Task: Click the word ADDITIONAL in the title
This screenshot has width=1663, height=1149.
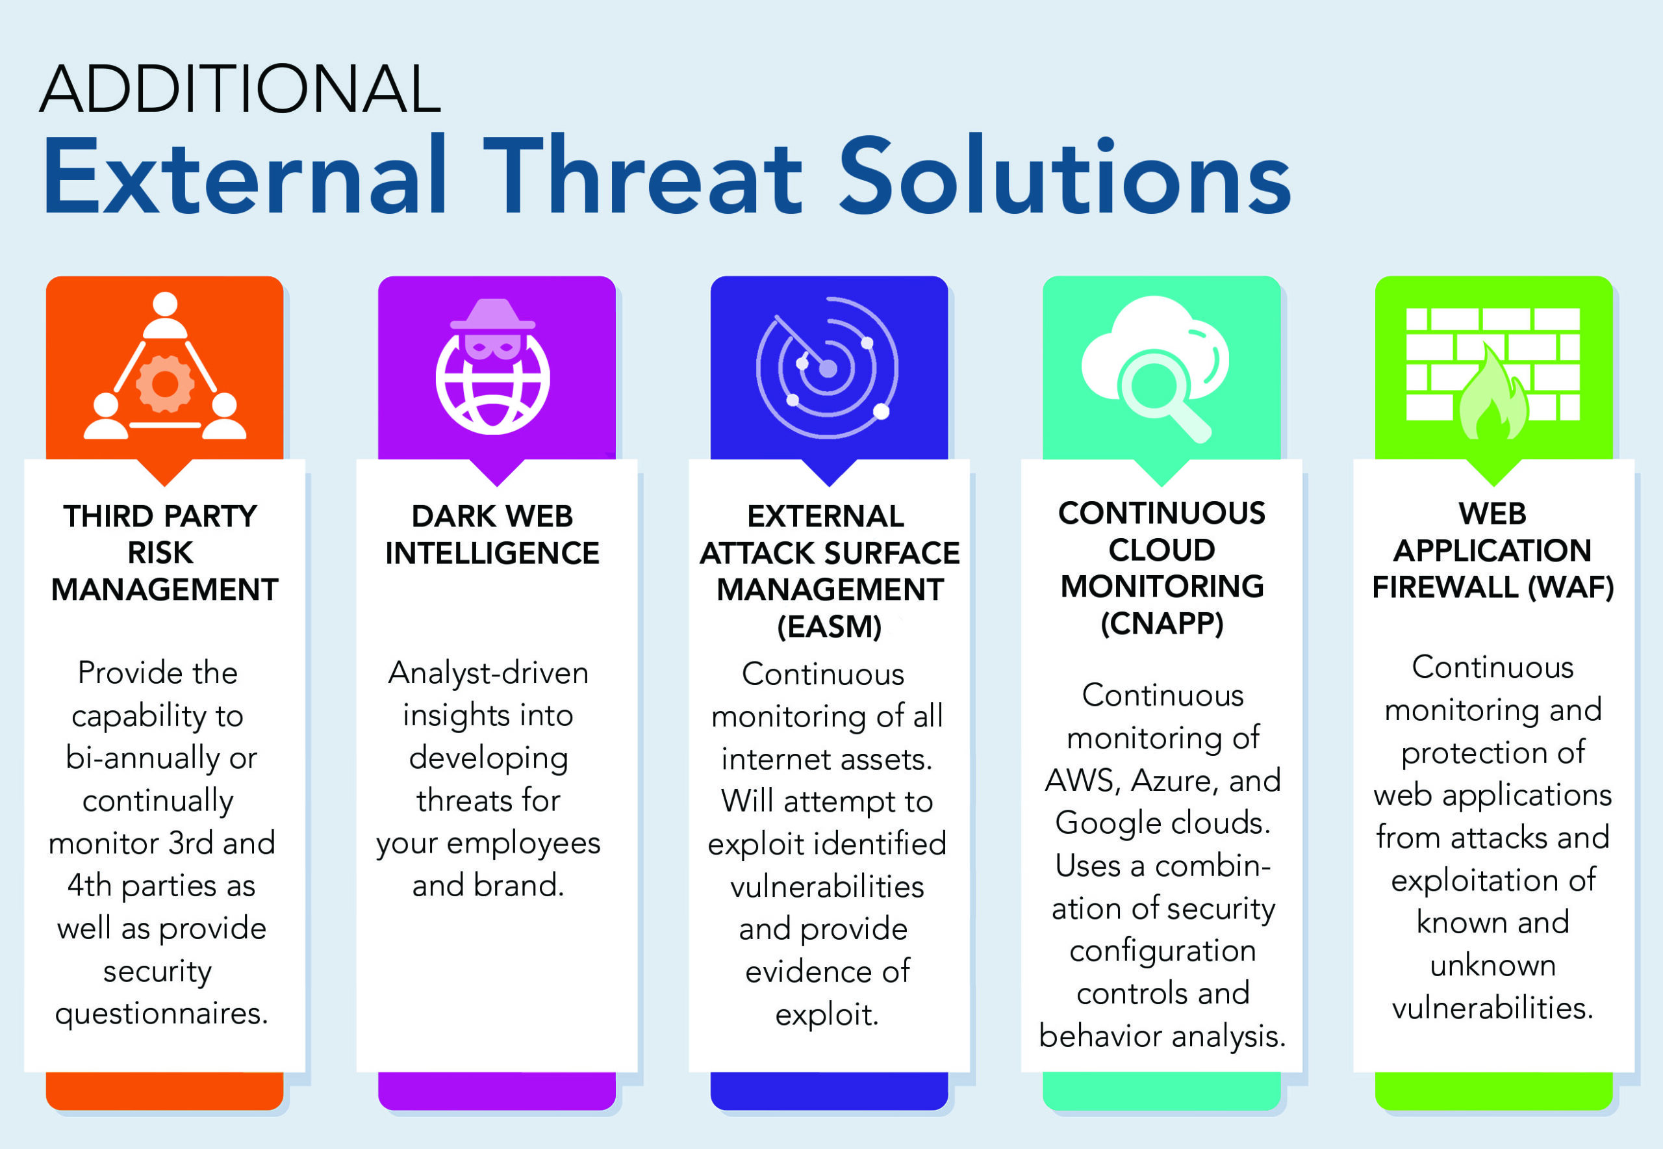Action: coord(240,89)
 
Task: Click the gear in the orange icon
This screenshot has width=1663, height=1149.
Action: coord(165,383)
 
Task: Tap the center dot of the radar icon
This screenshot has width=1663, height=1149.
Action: coord(828,368)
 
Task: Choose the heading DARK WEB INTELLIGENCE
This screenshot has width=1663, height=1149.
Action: coord(493,535)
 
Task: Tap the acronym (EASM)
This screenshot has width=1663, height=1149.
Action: coord(829,626)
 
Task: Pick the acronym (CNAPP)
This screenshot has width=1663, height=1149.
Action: coord(1162,623)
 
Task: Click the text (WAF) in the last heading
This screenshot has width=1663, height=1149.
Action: coord(1571,587)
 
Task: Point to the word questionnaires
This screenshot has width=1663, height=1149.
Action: coord(162,1014)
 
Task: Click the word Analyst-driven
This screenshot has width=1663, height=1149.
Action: coord(489,673)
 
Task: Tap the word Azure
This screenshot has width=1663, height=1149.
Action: coord(1176,781)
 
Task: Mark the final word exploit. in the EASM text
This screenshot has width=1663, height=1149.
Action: coord(827,1014)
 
